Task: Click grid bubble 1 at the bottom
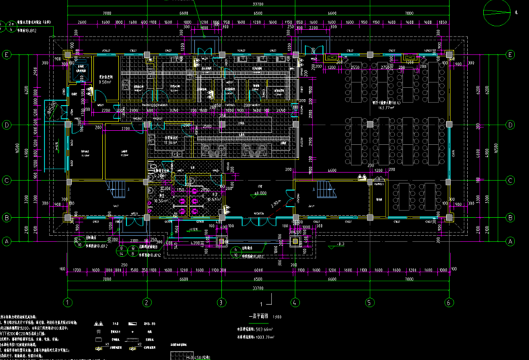(68, 303)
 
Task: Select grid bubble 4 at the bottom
(295, 303)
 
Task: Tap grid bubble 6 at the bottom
(448, 303)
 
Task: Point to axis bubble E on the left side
(7, 54)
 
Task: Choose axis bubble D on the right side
(512, 126)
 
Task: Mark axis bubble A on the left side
(7, 241)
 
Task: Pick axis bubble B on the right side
(512, 218)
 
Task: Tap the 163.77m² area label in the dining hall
(385, 108)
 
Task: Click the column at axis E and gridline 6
(448, 54)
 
